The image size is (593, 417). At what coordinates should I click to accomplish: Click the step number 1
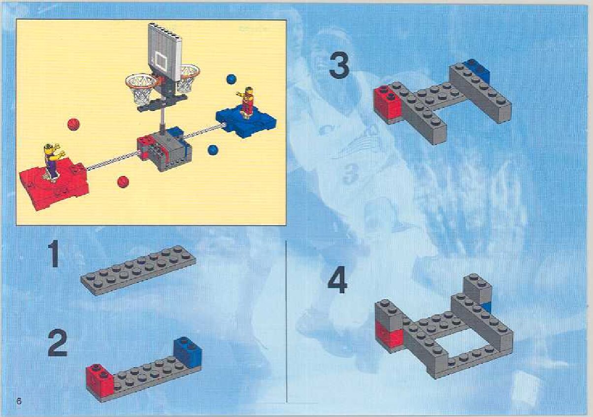coord(54,254)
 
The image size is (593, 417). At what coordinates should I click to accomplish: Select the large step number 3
coord(339,66)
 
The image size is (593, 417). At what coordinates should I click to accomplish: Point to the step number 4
coord(337,281)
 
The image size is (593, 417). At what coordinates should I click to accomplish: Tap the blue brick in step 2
coord(188,352)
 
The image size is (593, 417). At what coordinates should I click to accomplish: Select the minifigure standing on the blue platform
coord(247,102)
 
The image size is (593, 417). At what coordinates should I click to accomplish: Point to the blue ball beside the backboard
coord(231,79)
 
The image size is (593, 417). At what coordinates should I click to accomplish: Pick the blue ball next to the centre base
coord(213,150)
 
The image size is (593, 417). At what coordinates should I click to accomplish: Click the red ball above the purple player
coord(73,124)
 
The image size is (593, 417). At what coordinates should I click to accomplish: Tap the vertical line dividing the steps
coord(287,320)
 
